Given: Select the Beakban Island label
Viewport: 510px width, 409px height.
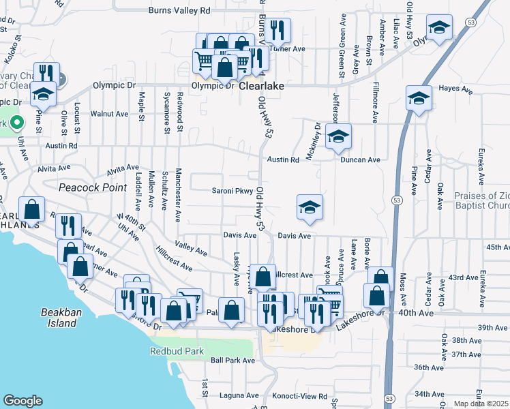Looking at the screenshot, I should click(58, 318).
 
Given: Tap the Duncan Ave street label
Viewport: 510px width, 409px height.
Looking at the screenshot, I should click(361, 160).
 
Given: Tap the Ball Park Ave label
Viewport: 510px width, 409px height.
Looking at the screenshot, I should click(232, 360).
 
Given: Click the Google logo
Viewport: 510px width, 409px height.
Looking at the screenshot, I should click(22, 401).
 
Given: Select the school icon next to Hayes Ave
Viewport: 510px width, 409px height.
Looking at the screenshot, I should click(419, 98).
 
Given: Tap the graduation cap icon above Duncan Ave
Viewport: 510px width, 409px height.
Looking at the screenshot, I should click(337, 136).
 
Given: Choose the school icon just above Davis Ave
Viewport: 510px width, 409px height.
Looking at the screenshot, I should click(310, 207).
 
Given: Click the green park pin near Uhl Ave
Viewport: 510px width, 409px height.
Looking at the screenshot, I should click(16, 123).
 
